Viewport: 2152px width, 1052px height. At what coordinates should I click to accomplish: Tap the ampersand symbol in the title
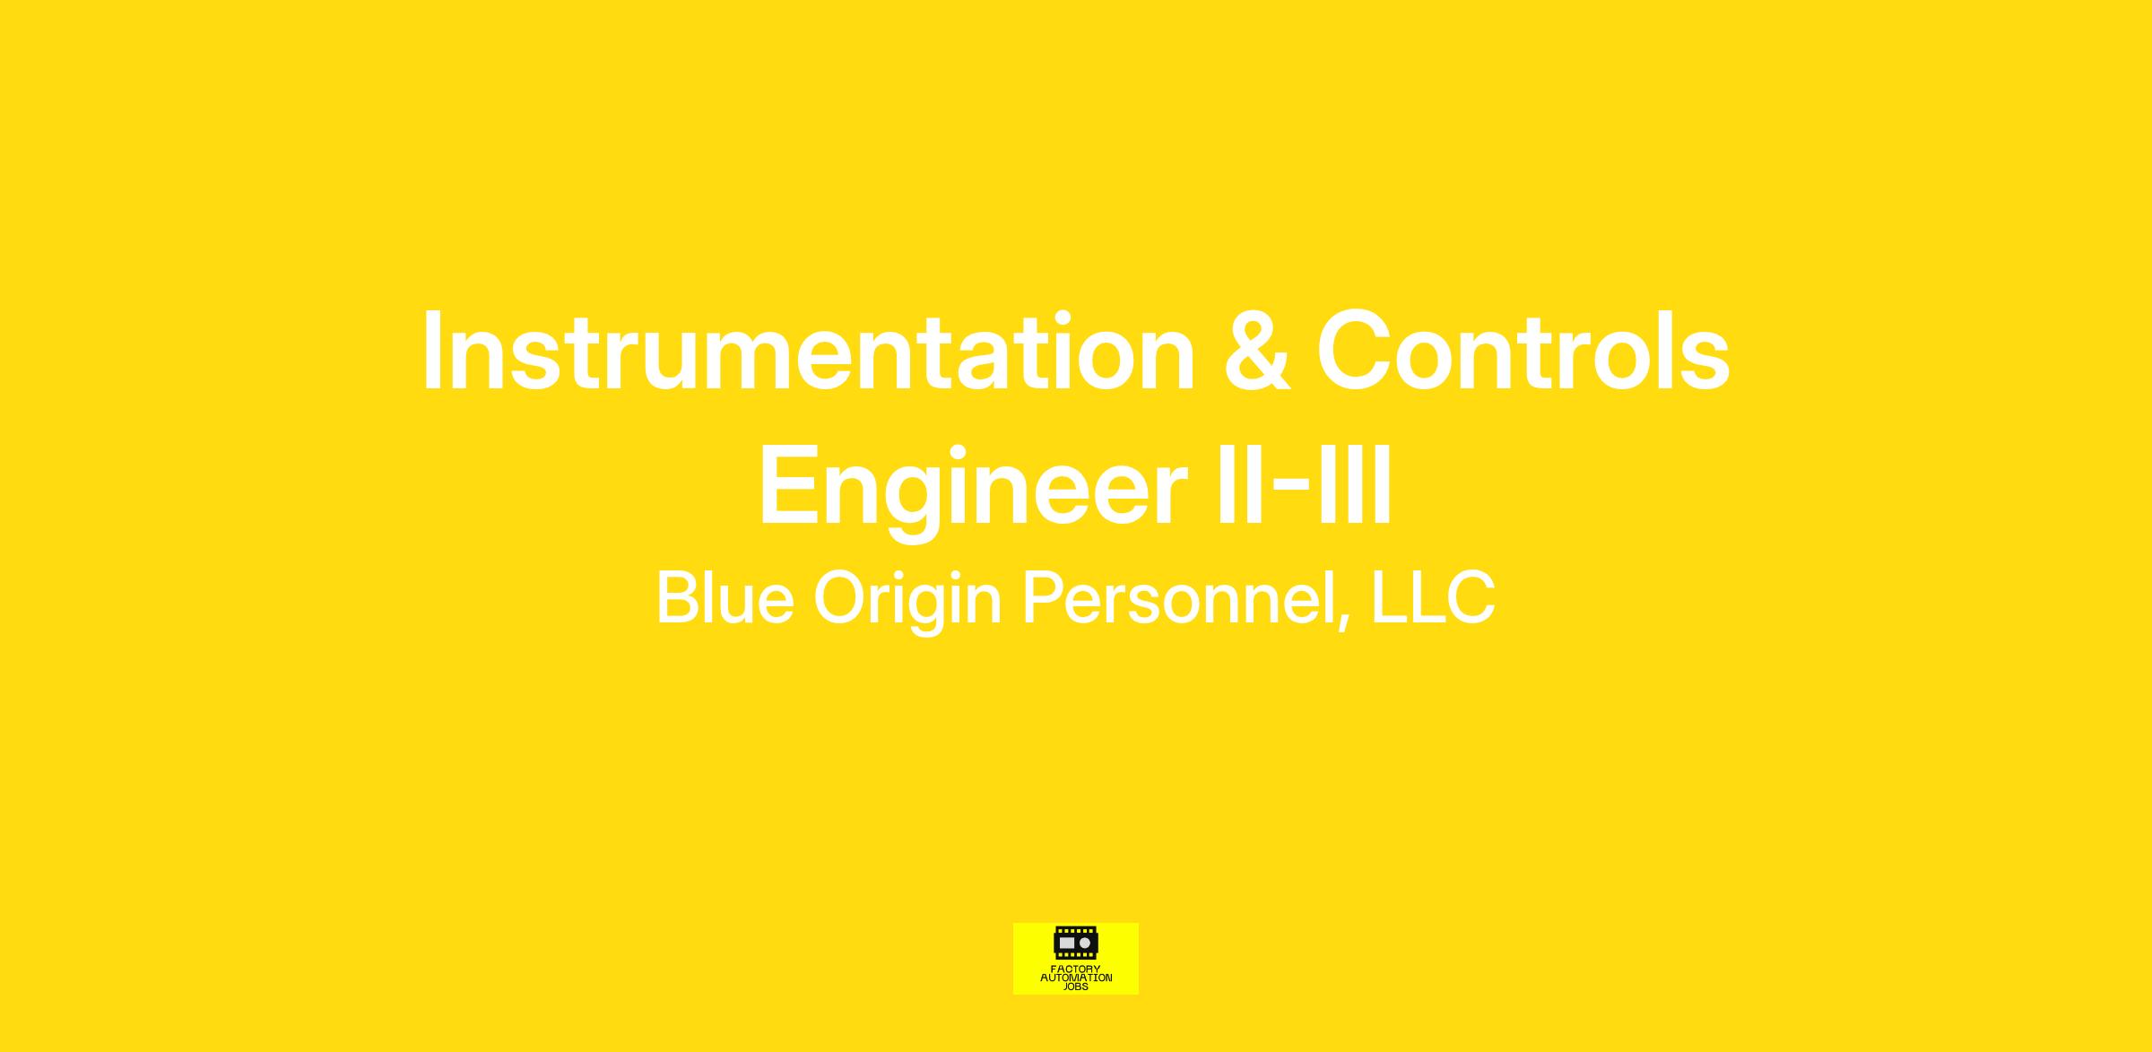1256,351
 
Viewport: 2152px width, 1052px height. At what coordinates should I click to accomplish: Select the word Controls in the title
1523,351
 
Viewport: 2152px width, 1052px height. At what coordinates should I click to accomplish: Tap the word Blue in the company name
725,597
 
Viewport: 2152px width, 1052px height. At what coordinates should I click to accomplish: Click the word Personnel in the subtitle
1178,597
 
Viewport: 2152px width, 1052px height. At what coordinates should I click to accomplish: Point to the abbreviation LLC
1433,597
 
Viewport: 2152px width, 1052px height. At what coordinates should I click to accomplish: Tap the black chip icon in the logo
1076,943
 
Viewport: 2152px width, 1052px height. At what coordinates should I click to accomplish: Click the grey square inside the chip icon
1067,943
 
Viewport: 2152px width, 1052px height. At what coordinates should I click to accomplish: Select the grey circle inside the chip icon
1085,943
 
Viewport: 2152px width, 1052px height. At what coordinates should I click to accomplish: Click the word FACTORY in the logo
1076,969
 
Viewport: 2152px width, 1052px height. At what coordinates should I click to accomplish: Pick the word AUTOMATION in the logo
1076,978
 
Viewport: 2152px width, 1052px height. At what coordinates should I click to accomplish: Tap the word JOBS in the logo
1076,987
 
